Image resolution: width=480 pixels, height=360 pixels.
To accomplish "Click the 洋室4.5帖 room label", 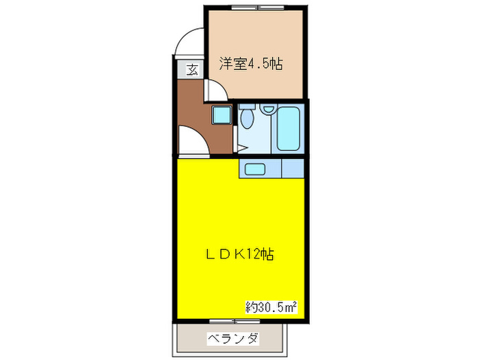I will (252, 64).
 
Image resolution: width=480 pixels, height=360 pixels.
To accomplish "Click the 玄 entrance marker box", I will (192, 69).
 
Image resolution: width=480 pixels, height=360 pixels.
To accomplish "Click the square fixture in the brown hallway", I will (221, 115).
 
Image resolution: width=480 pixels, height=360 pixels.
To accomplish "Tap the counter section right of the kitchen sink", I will (293, 168).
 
